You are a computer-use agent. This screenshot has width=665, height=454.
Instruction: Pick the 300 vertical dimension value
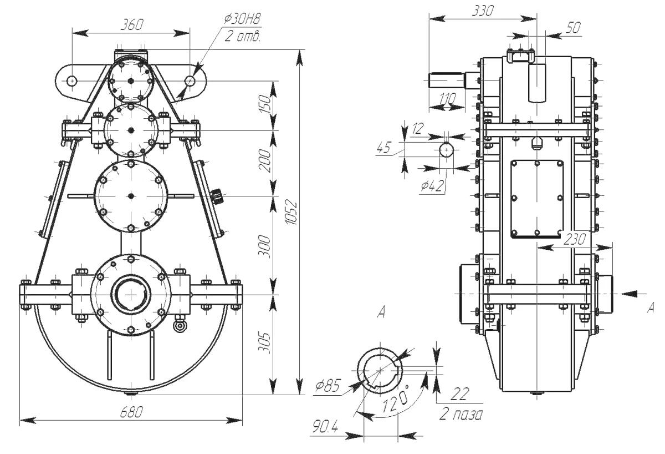266,246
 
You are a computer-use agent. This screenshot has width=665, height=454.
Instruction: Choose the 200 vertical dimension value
266,160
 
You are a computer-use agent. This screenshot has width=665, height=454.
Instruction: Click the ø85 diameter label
326,387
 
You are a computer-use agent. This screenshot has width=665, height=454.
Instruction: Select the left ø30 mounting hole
71,80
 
